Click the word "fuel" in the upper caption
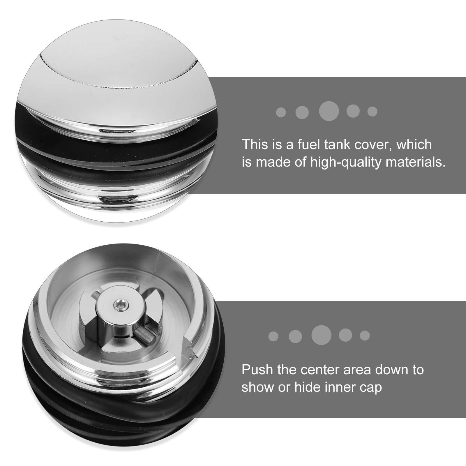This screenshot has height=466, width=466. (x=308, y=144)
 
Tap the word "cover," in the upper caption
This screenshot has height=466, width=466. (x=373, y=145)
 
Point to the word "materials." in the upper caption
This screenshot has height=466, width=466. (x=416, y=162)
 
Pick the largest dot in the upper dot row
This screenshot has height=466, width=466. (x=329, y=111)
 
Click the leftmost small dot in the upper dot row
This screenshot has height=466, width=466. (x=281, y=112)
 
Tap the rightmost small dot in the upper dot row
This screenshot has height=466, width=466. (x=372, y=111)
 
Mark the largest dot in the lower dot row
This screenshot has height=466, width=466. (x=322, y=335)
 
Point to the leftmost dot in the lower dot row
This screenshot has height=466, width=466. (x=273, y=336)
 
